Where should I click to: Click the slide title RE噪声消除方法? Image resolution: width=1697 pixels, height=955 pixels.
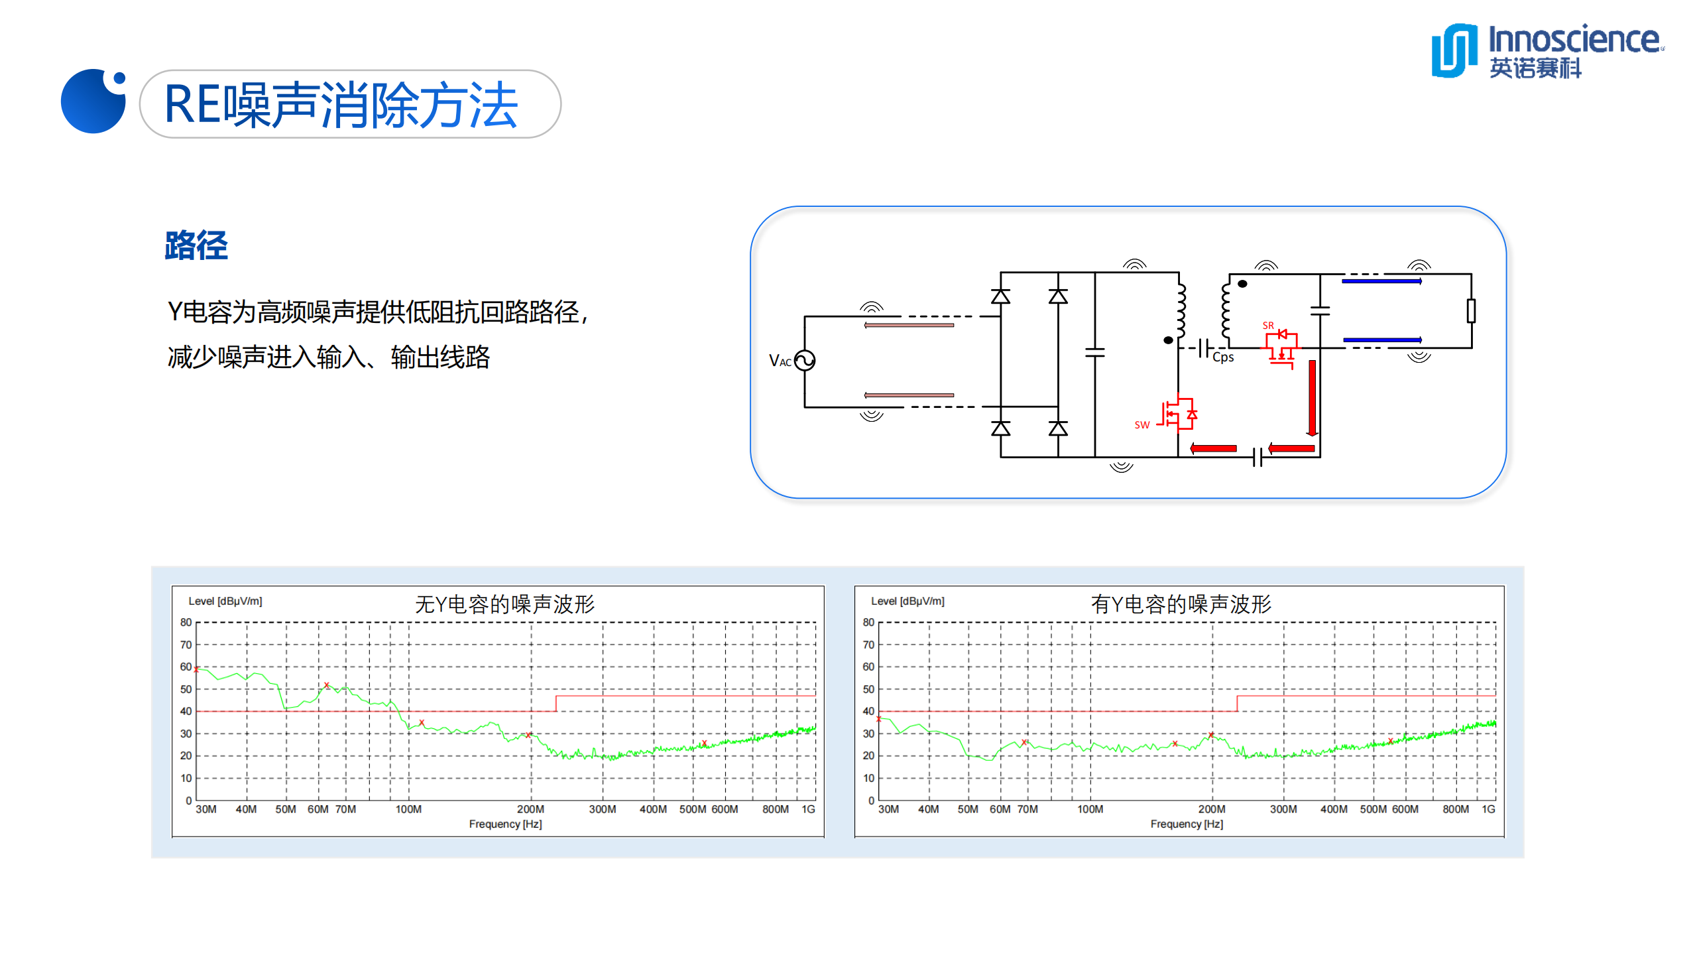coord(341,105)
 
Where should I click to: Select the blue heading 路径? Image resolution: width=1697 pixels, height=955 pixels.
coord(196,245)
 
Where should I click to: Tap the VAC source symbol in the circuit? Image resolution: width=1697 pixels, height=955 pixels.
coord(804,360)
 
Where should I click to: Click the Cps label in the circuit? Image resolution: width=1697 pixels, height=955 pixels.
coord(1222,357)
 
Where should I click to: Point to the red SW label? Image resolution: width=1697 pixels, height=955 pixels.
coord(1141,425)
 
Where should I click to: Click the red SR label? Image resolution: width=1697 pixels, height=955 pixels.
coord(1267,326)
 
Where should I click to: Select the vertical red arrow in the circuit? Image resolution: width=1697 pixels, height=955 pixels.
coord(1312,398)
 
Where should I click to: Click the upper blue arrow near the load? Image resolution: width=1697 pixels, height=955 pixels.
coord(1381,281)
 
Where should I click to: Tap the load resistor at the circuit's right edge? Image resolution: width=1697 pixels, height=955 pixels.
coord(1471,310)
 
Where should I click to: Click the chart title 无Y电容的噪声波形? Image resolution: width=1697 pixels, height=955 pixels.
coord(504,604)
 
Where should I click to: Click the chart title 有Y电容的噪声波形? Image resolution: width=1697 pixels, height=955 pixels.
coord(1181,604)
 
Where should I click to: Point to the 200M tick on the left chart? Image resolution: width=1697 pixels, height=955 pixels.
coord(530,809)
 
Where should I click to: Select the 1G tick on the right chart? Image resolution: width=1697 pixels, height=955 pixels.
coord(1488,809)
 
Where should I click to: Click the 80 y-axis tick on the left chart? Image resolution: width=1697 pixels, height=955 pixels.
coord(186,622)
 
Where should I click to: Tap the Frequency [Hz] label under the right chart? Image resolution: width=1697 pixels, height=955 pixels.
coord(1187,824)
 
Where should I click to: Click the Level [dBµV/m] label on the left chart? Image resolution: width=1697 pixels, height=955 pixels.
coord(225,601)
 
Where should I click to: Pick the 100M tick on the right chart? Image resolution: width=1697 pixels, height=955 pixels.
coord(1090,809)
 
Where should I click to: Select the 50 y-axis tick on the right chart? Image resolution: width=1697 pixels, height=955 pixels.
coord(868,689)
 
